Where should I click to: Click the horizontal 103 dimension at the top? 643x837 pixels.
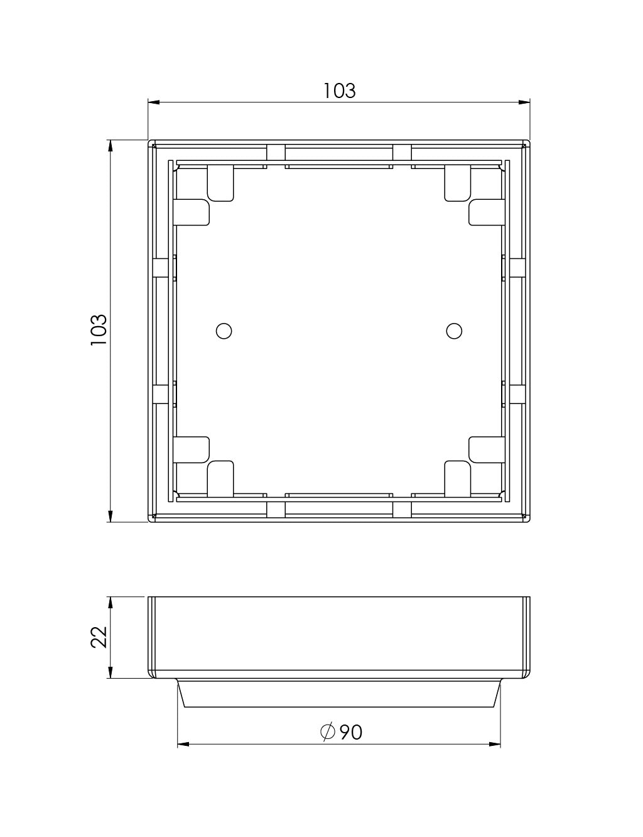click(339, 91)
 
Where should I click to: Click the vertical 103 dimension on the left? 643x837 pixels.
click(99, 329)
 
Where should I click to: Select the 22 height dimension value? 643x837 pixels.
click(99, 637)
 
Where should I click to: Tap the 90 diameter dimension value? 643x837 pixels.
click(350, 732)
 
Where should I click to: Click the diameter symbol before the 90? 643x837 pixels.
click(327, 732)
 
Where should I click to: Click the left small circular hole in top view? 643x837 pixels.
click(224, 331)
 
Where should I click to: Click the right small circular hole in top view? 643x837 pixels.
click(453, 331)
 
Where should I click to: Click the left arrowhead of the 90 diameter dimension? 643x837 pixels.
click(183, 745)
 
